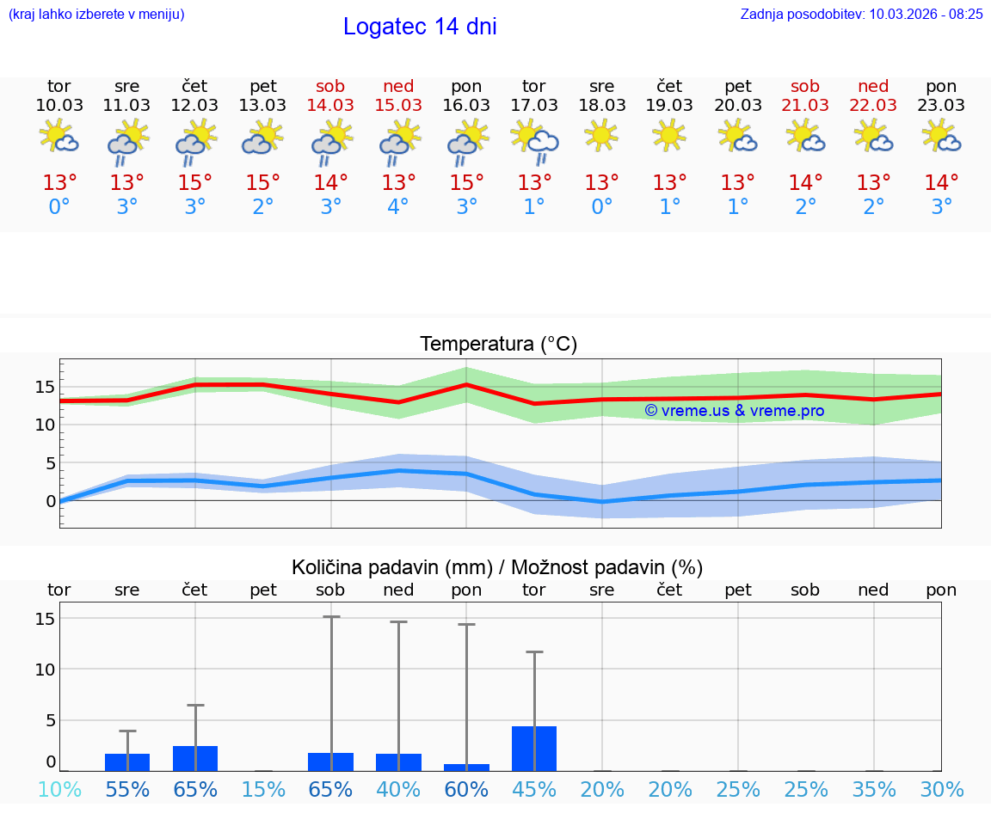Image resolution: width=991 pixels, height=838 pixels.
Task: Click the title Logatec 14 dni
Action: coord(420,27)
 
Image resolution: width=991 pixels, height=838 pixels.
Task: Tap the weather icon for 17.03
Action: coord(534,140)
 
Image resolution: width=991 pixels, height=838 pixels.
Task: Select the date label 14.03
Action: coord(330,106)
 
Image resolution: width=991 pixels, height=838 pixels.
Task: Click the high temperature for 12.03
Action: coord(195,183)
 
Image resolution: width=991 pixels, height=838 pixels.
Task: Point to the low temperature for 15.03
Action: coord(398,207)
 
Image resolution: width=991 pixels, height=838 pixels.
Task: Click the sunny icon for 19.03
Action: coord(669,135)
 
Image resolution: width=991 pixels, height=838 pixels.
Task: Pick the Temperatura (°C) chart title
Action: coord(498,345)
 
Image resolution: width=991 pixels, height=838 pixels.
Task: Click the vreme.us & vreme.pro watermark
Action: coord(734,411)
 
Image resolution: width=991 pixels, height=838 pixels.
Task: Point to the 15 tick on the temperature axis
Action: coord(45,387)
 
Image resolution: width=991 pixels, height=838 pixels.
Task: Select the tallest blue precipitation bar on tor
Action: coord(534,749)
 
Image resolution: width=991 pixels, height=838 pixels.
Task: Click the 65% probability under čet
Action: coord(195,790)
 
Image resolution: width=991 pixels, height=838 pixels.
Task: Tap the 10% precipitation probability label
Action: coord(59,790)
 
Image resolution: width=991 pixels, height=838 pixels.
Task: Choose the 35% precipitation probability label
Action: coord(874,790)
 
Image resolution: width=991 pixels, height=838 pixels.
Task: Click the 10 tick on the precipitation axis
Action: coord(45,669)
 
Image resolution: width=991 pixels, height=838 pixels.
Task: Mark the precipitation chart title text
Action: coord(497,567)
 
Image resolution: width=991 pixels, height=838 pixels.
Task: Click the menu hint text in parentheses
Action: coord(96,15)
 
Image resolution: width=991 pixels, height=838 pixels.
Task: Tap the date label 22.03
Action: coord(873,106)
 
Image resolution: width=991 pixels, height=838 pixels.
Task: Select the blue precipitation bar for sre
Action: coord(127,762)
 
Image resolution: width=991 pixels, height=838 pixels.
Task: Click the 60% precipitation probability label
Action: coord(466,790)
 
